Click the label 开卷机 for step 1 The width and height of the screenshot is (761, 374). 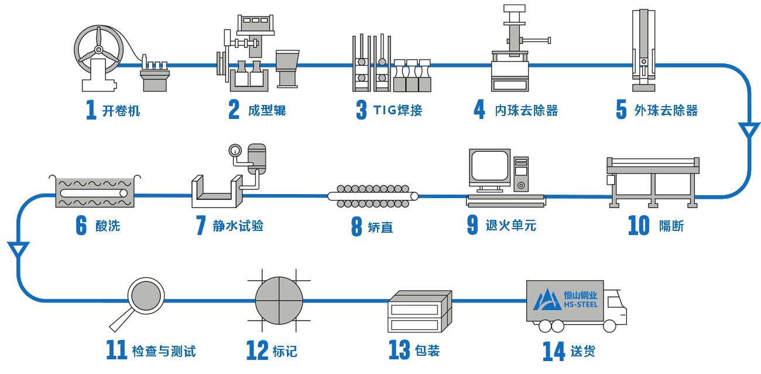[121, 111]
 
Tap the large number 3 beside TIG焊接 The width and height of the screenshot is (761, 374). [361, 110]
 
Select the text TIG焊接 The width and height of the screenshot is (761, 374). [397, 110]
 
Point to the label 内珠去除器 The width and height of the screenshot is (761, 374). [526, 111]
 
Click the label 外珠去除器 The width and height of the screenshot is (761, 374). [666, 111]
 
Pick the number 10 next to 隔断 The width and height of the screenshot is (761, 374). [639, 225]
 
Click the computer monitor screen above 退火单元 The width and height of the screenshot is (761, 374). [489, 166]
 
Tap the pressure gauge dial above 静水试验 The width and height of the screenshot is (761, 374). [235, 151]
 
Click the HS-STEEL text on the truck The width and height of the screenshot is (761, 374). [581, 304]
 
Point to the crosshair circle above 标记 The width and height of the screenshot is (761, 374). [279, 301]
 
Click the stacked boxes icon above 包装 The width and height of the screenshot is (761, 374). [420, 311]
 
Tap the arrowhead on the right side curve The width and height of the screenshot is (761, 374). [749, 130]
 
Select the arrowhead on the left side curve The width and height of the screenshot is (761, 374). [18, 250]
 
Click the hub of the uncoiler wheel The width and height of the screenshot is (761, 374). [99, 50]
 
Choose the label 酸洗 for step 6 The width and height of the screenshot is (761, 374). [108, 226]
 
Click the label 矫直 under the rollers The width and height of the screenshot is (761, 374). [380, 227]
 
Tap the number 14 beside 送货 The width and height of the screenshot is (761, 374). [553, 351]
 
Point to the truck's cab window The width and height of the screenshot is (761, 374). [615, 302]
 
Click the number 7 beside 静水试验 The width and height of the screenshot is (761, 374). [201, 225]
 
